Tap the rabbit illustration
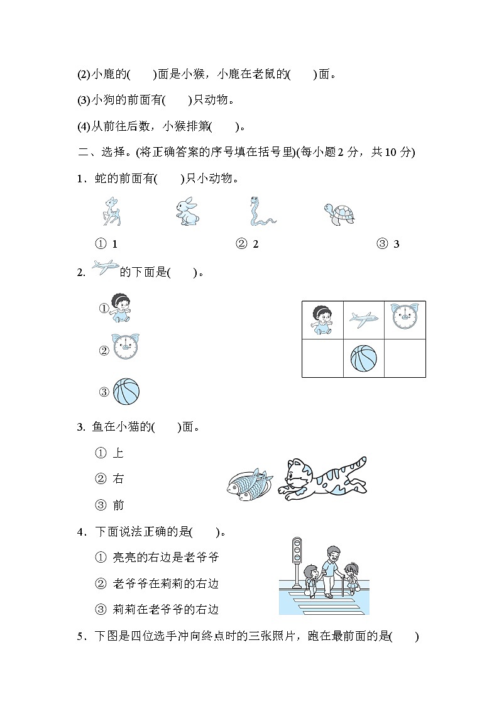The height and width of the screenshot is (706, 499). (x=186, y=211)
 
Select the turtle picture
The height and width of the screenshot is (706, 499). (x=339, y=213)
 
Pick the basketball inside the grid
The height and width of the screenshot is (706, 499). (x=364, y=357)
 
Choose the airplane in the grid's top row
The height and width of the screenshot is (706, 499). (x=364, y=319)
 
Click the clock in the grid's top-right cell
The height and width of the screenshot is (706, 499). (x=404, y=317)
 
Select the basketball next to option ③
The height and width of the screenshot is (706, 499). (x=126, y=392)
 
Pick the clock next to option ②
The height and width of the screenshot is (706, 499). (x=126, y=347)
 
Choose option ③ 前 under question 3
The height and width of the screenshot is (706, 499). (x=110, y=505)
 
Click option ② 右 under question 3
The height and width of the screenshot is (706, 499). (x=110, y=479)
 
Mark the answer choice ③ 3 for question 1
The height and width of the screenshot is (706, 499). (x=388, y=244)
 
